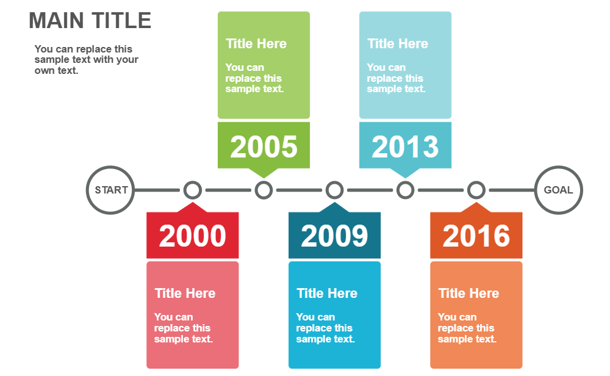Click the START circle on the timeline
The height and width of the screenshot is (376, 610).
tap(110, 190)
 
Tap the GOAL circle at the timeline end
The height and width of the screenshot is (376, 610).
tap(558, 190)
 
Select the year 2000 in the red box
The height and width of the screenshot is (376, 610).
tap(192, 236)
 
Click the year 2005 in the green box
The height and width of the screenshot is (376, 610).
tap(264, 146)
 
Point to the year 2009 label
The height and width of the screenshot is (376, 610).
tap(334, 236)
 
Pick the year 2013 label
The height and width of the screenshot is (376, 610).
tap(405, 146)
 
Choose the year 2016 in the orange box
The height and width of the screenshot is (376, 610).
tap(476, 236)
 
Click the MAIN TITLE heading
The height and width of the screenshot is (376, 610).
tap(90, 21)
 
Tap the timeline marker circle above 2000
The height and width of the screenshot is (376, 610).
tap(193, 190)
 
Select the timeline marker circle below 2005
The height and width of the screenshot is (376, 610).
tap(264, 190)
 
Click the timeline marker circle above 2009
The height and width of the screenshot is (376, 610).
tap(334, 190)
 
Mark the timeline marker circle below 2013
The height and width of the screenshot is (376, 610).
tap(405, 190)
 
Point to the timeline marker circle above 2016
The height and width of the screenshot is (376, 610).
tap(476, 190)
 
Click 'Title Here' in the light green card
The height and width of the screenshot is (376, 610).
tap(256, 44)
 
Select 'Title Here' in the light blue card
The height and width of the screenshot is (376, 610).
tap(398, 44)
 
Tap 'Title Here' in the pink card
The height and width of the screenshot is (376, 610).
tap(185, 294)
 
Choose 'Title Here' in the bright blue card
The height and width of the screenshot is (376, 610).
tap(327, 294)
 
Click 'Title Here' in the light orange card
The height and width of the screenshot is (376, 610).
tap(468, 294)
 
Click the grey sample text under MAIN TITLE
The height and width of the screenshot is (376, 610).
tap(86, 60)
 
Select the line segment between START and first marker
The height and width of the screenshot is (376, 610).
tap(158, 190)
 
